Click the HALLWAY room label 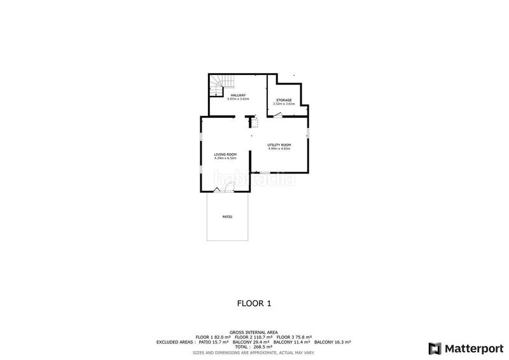(x=238, y=95)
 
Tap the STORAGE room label (x=283, y=100)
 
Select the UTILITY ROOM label (x=279, y=145)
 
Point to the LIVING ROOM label (x=225, y=155)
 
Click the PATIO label (x=227, y=217)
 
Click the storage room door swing (x=278, y=114)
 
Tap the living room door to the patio (x=228, y=187)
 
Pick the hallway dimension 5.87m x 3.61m (x=238, y=99)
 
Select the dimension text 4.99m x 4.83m (x=279, y=149)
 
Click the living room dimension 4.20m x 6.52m (x=225, y=158)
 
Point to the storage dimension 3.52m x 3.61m (x=283, y=104)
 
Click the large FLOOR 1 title (x=254, y=303)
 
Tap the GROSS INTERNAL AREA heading (x=254, y=332)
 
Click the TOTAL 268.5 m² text (x=254, y=347)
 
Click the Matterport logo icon (x=435, y=348)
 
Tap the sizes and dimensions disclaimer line (x=254, y=352)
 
